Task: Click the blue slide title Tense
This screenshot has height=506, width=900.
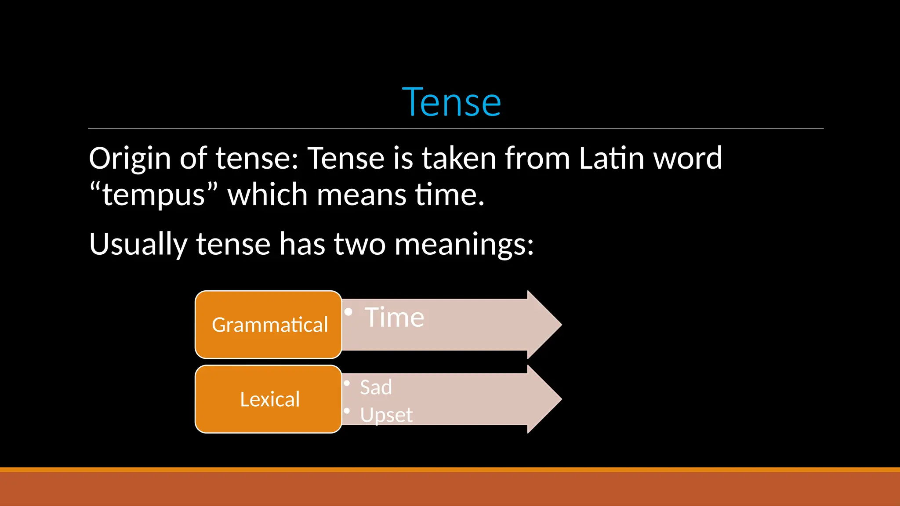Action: (x=451, y=102)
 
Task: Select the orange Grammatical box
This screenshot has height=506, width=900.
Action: (x=269, y=325)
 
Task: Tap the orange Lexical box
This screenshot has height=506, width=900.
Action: (x=269, y=399)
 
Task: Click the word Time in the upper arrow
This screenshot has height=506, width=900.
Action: (x=394, y=317)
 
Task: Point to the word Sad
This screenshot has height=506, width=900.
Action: (x=376, y=387)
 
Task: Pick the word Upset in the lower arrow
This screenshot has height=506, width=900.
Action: (x=386, y=415)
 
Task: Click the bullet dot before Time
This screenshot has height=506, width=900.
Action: (x=348, y=312)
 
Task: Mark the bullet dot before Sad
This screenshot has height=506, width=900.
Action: (x=347, y=383)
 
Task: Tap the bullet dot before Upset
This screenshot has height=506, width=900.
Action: (x=347, y=411)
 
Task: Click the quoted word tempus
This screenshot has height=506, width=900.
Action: (x=153, y=195)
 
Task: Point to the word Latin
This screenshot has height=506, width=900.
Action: (x=611, y=158)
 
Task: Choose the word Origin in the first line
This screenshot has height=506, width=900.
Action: (x=130, y=158)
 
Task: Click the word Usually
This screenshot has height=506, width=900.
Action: (x=138, y=244)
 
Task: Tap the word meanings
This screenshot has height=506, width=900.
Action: (x=464, y=244)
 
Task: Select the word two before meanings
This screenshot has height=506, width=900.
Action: (x=359, y=244)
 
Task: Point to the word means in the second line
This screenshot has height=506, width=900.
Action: (x=361, y=195)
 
